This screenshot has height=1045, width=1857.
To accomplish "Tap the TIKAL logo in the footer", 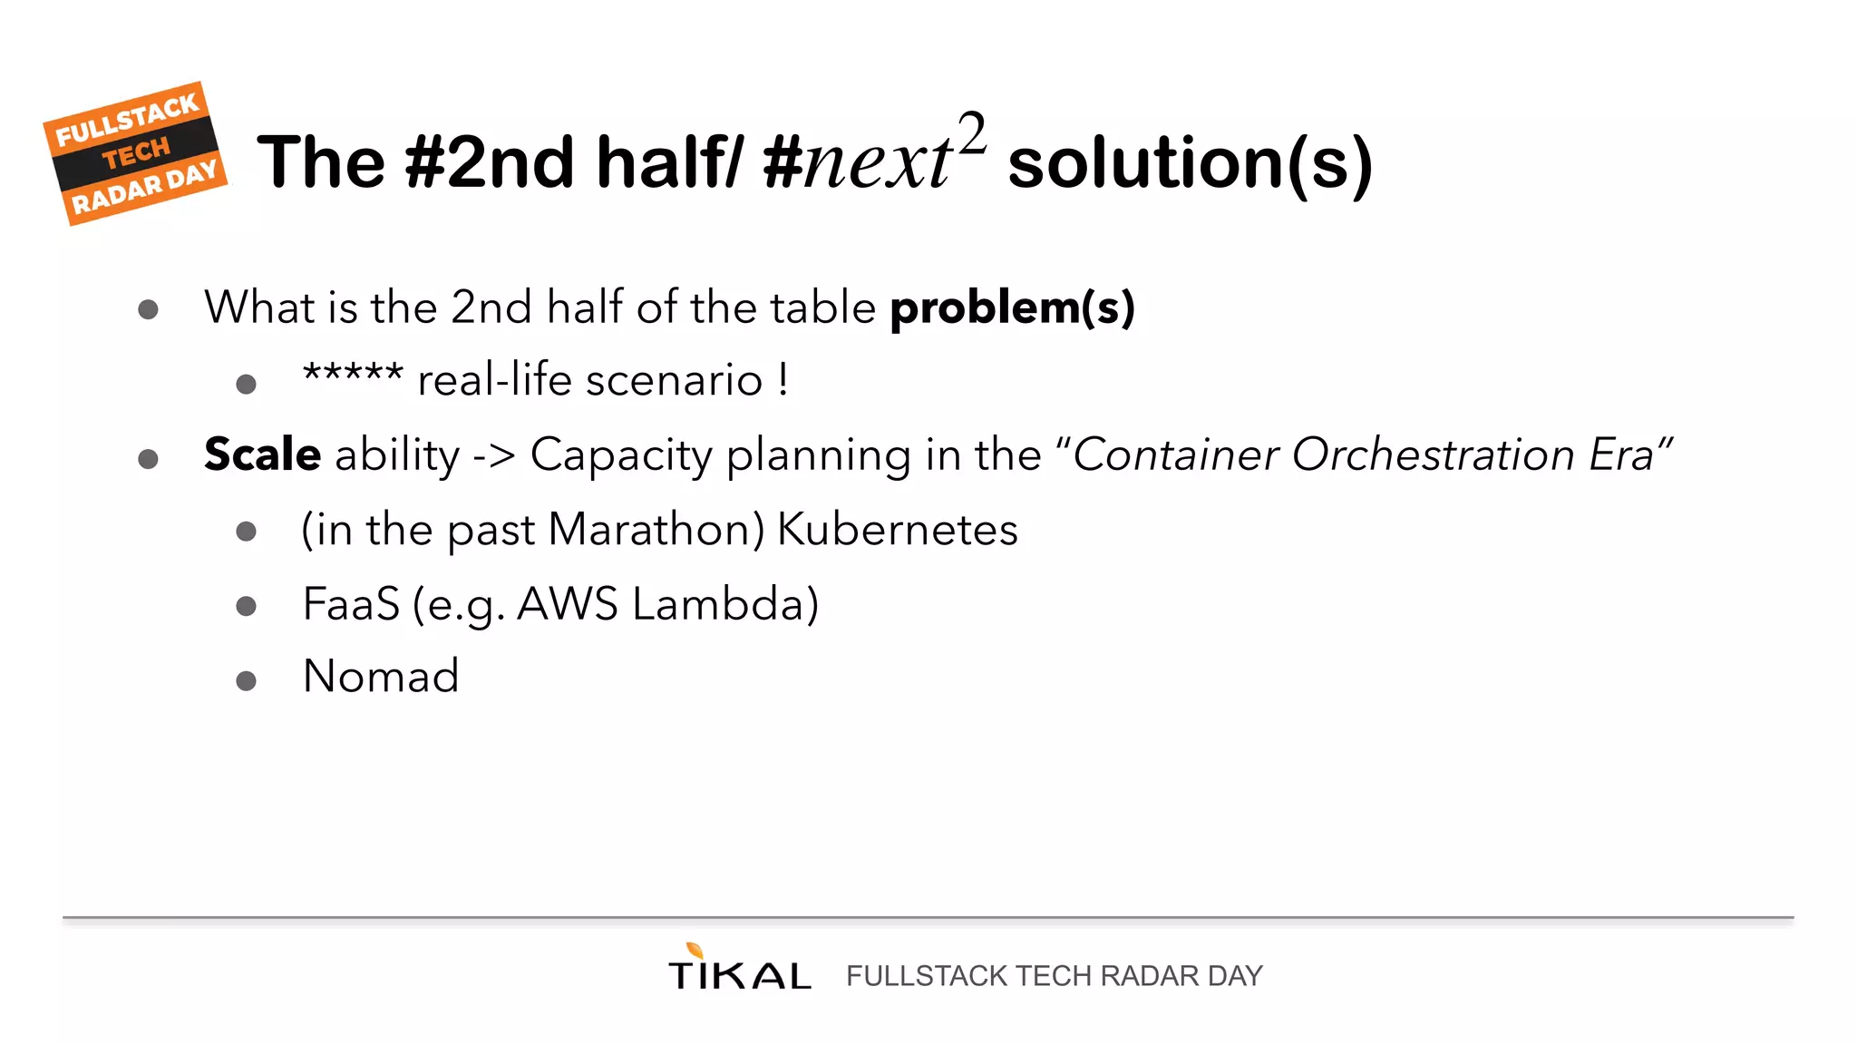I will pyautogui.click(x=739, y=969).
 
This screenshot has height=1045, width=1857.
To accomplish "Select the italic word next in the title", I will pyautogui.click(x=876, y=163).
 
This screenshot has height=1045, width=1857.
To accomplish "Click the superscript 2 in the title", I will pyautogui.click(x=971, y=134).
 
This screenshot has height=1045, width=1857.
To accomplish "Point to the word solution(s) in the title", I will pyautogui.click(x=1190, y=163).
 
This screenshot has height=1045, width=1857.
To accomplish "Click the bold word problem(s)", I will pyautogui.click(x=1012, y=308).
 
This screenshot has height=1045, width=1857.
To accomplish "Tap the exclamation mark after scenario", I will pyautogui.click(x=783, y=379).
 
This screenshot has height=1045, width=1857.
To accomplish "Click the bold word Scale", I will pyautogui.click(x=262, y=454).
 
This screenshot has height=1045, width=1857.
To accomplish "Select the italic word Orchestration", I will pyautogui.click(x=1433, y=454).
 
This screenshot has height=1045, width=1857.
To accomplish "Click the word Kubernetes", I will pyautogui.click(x=898, y=530).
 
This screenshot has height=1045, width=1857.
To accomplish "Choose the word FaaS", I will pyautogui.click(x=351, y=604).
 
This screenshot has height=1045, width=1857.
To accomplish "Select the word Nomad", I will pyautogui.click(x=381, y=677).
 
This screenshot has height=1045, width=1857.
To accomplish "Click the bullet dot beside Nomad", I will pyautogui.click(x=246, y=680).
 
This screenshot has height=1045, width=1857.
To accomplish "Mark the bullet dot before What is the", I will pyautogui.click(x=148, y=310).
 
